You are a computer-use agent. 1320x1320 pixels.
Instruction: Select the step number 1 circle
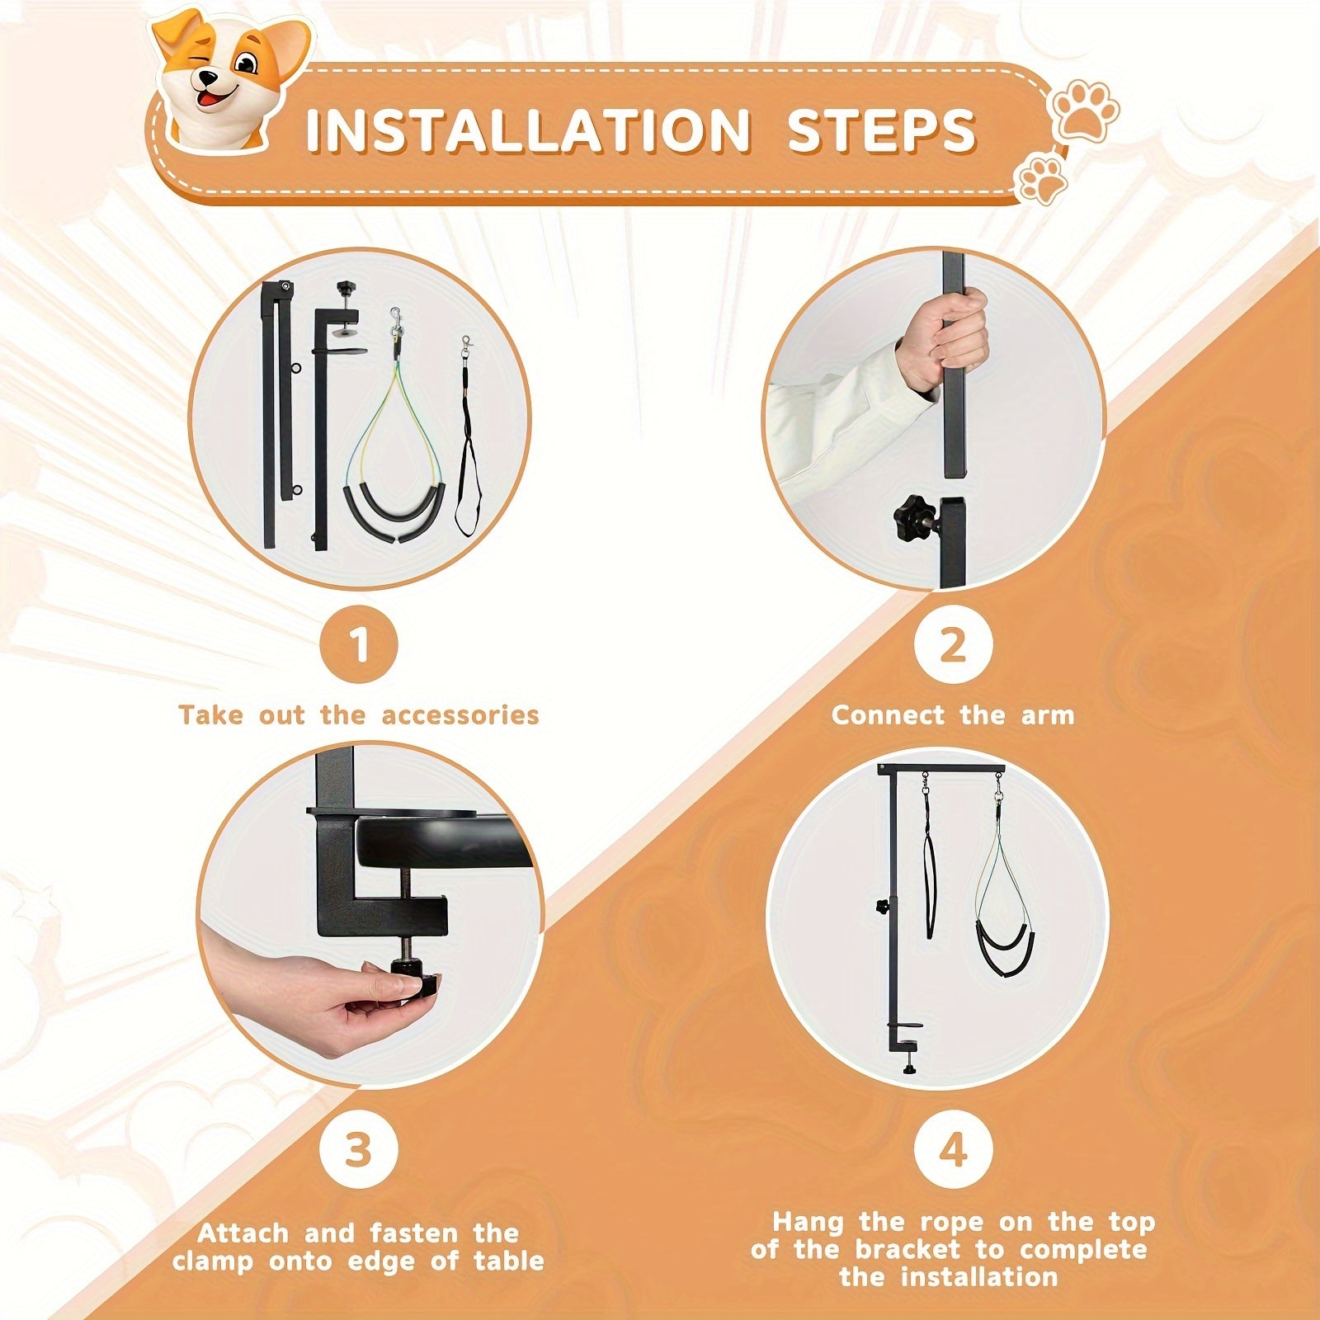tap(359, 645)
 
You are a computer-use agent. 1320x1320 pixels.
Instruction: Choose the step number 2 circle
tap(953, 645)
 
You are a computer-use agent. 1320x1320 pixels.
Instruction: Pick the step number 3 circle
tap(359, 1148)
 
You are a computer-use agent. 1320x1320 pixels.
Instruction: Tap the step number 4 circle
tap(953, 1148)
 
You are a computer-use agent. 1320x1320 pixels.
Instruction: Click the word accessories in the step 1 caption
tap(460, 714)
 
